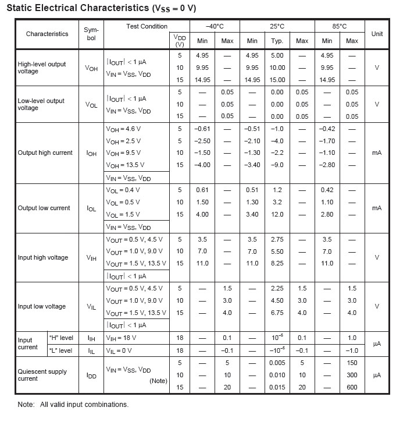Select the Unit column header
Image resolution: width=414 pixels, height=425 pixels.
tap(377, 34)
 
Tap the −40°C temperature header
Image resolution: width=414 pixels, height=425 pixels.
tap(215, 27)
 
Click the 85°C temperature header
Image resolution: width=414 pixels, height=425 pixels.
tap(340, 27)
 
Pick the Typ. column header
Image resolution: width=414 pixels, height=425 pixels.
tap(277, 41)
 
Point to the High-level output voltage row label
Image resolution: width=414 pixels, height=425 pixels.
tap(42, 68)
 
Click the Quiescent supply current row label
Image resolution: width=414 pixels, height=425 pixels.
tap(42, 375)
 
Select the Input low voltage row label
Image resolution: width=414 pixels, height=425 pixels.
tap(42, 306)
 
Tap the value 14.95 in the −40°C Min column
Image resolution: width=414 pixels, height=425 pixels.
tap(202, 80)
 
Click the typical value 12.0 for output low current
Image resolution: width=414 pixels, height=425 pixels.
tap(277, 214)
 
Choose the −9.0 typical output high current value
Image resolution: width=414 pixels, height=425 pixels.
tap(277, 165)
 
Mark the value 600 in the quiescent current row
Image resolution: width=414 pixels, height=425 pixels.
tap(352, 387)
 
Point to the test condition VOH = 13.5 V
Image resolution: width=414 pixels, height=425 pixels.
tap(125, 165)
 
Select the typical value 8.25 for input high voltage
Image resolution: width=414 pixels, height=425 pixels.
tap(277, 263)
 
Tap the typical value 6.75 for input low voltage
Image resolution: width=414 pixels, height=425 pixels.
tap(277, 313)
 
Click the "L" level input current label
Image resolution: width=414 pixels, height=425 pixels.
tap(60, 350)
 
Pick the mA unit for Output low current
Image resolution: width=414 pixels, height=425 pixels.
tap(377, 208)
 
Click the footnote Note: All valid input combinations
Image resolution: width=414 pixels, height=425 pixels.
tap(73, 405)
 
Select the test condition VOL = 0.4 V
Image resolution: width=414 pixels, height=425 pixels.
tap(123, 190)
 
